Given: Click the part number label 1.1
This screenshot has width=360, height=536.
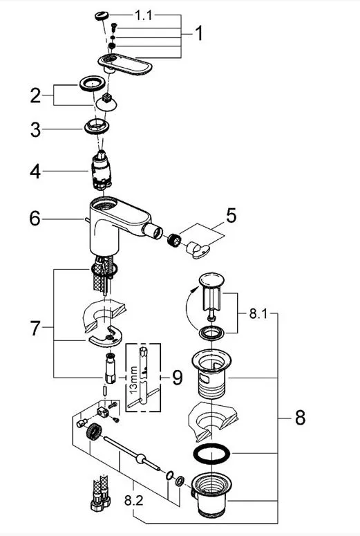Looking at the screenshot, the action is coord(144,15).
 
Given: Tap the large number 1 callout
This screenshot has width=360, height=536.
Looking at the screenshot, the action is coord(199,33).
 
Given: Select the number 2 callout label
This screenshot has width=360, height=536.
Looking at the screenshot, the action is coord(35,95).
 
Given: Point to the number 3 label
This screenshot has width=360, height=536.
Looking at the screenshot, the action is coord(35,130).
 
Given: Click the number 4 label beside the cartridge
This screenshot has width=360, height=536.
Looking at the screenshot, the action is coord(35,172).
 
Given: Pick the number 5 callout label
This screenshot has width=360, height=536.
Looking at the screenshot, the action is coord(231,216).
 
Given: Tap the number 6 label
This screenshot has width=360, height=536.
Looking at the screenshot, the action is coord(35,219).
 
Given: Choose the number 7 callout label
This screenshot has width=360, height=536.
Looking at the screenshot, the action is coord(35,328).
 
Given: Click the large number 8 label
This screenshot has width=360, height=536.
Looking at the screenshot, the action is coord(300,418).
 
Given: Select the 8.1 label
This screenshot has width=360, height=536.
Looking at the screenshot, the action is coord(258,314).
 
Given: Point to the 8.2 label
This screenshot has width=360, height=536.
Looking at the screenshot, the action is coord(133,501).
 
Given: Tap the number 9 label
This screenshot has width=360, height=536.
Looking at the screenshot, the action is coord(178,378).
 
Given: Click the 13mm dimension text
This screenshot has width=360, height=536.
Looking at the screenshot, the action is coord(133,380).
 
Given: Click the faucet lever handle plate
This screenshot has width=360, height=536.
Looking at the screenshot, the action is coord(125,64).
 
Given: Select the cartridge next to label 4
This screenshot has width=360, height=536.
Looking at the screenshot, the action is coord(101,170).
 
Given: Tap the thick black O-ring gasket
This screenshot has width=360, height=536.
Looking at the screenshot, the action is coord(211,454).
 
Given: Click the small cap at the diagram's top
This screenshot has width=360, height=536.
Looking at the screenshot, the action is coord(102,16).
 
